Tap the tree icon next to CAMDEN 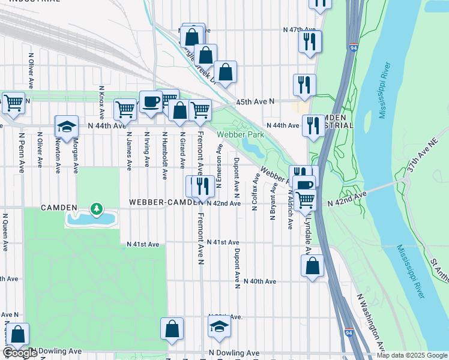(95, 208)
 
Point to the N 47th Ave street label (300, 29)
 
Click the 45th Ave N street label (255, 102)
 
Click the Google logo (20, 353)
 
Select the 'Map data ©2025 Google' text (412, 355)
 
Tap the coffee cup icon (150, 101)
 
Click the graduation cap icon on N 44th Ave (67, 126)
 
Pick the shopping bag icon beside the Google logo (18, 334)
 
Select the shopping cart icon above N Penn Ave (13, 102)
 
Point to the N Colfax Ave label (255, 192)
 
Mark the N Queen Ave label (5, 232)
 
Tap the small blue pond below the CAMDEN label (90, 219)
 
